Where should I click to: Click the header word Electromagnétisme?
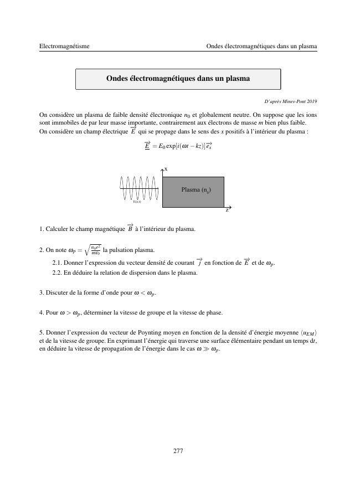pos(64,47)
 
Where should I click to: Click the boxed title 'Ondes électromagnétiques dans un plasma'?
pos(178,79)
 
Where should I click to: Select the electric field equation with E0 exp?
pos(178,146)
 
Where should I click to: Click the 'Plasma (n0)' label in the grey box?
pos(196,190)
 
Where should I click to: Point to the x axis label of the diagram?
pos(166,168)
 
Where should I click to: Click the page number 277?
pos(178,451)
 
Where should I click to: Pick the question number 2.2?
pos(56,272)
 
